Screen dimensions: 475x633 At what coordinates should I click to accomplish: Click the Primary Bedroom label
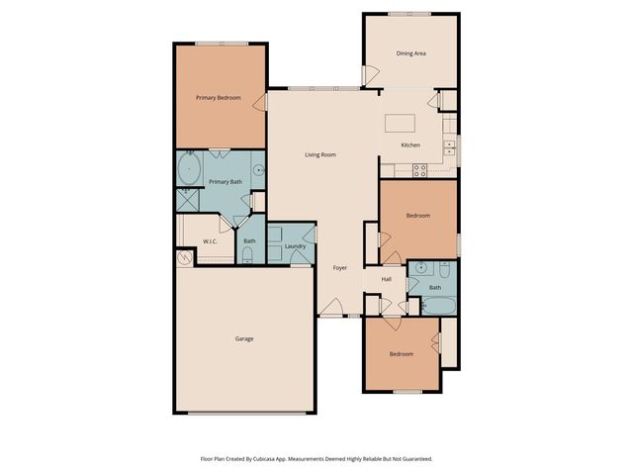click(x=218, y=97)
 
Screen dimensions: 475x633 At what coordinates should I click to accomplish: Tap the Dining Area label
click(x=410, y=53)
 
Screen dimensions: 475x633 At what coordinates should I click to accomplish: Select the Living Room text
click(x=320, y=154)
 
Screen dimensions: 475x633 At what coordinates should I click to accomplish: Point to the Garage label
click(x=243, y=339)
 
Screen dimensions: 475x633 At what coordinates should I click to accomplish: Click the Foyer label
click(x=339, y=267)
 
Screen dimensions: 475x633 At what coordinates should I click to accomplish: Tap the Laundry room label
click(x=294, y=246)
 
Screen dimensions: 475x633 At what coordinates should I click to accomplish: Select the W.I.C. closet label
click(x=211, y=241)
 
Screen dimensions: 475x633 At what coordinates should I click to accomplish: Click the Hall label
click(x=386, y=280)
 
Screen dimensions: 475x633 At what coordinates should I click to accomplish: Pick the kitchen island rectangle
click(x=400, y=123)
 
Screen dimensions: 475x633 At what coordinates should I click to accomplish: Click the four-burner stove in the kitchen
click(x=419, y=168)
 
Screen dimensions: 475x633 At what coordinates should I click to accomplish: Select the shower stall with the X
click(x=187, y=198)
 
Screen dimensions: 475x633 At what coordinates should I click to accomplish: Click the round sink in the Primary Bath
click(x=258, y=170)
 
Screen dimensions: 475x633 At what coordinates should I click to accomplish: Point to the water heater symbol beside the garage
click(x=185, y=258)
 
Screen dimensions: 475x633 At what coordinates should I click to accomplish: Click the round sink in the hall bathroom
click(x=422, y=267)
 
